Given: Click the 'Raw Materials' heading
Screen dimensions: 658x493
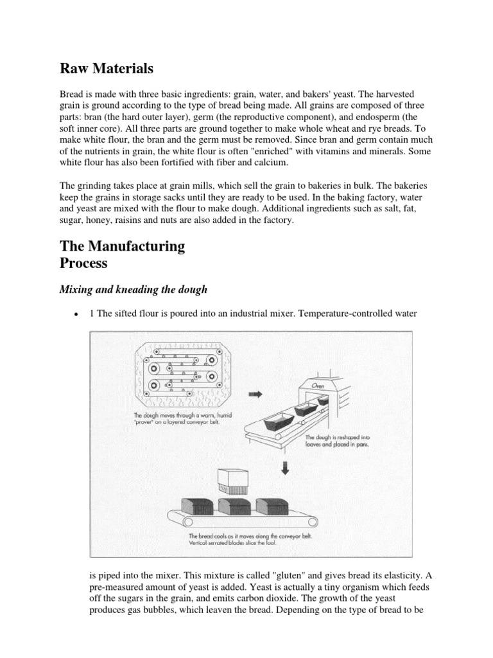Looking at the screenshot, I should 107,68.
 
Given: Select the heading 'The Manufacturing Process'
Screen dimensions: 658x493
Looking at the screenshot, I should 122,254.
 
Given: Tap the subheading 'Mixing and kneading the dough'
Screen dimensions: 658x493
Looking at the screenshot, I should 134,289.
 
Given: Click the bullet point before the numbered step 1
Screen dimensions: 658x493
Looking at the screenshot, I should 76,314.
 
